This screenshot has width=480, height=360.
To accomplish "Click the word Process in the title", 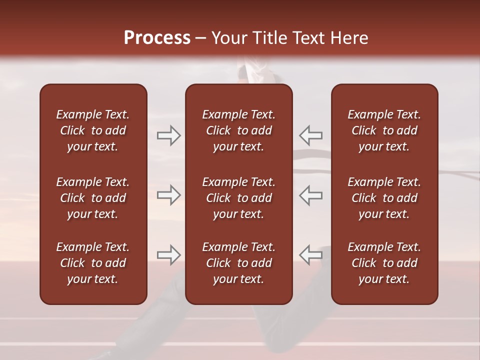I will [x=157, y=38].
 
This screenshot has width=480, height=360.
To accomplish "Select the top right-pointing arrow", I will [x=169, y=135].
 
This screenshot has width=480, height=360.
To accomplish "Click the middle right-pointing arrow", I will [x=169, y=195].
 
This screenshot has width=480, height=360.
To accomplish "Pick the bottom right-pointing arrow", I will [x=169, y=255].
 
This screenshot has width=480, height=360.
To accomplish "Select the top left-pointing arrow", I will [x=310, y=135].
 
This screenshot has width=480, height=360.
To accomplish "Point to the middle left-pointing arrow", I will [x=310, y=195].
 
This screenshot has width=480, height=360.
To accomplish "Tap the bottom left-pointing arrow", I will [x=310, y=255].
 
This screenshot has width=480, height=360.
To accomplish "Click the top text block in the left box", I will [x=93, y=130].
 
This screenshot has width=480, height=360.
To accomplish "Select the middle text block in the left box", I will [x=93, y=198].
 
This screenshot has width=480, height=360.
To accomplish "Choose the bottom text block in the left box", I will [x=93, y=263].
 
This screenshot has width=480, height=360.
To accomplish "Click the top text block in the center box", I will [x=238, y=130].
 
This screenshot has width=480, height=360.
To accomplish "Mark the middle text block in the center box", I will [x=238, y=198].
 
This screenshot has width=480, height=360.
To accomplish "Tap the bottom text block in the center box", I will [x=238, y=263].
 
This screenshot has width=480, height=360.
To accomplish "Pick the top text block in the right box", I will [x=384, y=130].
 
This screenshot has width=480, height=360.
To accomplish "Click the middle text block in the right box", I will [x=384, y=198].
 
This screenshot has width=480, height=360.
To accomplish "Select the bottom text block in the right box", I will [x=384, y=263].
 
